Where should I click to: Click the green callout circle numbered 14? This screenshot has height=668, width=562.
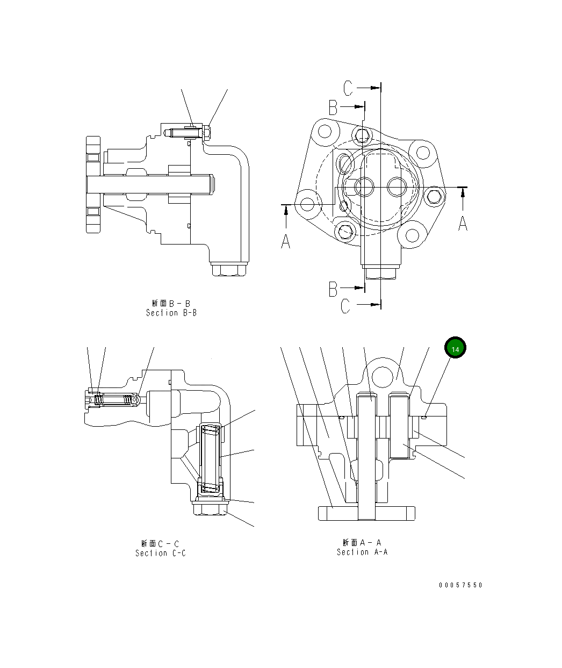click(455, 348)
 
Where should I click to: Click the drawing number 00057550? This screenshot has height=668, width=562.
click(460, 585)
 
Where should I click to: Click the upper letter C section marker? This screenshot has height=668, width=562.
click(348, 88)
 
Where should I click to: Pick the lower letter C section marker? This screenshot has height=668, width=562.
click(345, 306)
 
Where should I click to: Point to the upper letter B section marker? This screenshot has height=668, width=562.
click(333, 108)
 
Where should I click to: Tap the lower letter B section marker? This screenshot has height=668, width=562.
click(333, 289)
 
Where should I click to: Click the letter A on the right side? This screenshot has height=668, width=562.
click(463, 222)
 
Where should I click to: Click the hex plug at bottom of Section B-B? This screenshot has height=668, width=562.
click(229, 269)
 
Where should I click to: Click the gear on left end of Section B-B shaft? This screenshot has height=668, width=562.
click(93, 184)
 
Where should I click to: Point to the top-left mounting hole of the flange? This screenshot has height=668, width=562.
click(324, 131)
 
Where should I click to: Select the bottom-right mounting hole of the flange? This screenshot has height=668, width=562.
click(412, 235)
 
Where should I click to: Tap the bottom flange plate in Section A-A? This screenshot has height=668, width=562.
click(367, 513)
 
